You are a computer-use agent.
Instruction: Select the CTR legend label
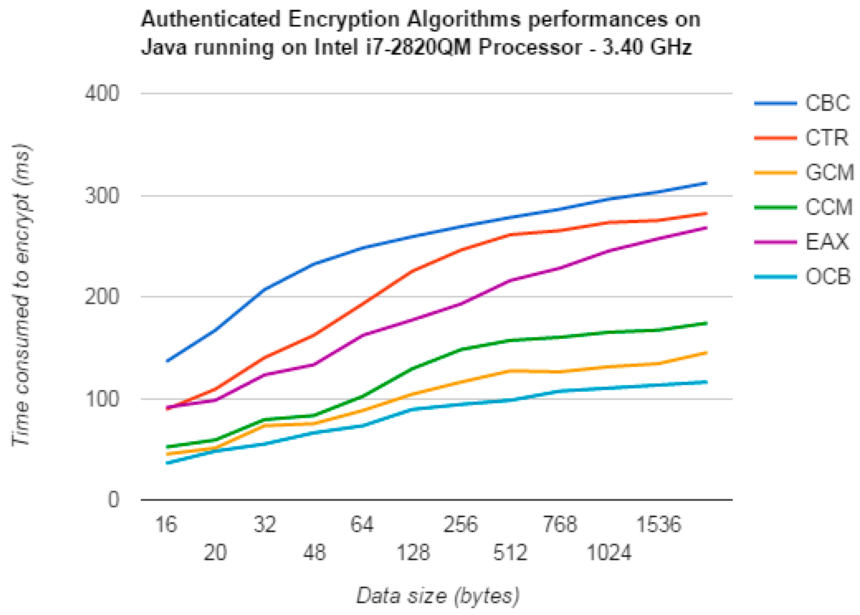[826, 138]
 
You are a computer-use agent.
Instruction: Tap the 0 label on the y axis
[113, 500]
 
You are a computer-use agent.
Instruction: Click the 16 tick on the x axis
[166, 525]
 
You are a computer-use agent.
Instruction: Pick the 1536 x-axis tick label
[658, 525]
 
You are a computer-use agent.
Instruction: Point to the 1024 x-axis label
[609, 553]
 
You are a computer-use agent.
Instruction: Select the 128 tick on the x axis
[413, 553]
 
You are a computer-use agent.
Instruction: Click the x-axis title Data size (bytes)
[438, 596]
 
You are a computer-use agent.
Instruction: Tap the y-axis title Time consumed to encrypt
[22, 295]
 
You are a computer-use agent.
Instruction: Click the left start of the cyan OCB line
[167, 463]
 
